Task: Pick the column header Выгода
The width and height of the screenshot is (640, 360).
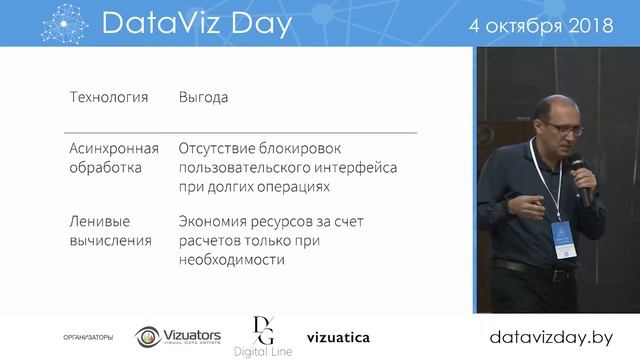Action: pyautogui.click(x=203, y=98)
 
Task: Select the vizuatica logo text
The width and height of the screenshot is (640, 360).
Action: pyautogui.click(x=338, y=337)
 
